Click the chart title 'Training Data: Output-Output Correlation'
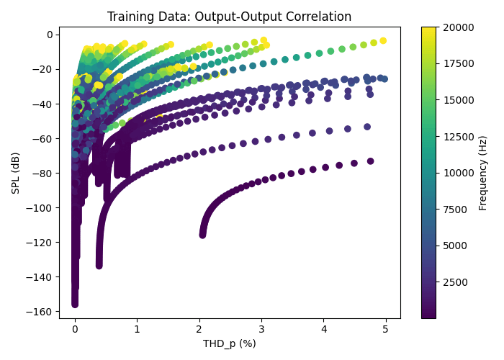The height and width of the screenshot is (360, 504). click(229, 17)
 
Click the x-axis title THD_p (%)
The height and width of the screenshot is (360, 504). click(229, 343)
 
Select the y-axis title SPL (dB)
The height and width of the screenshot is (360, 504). click(15, 173)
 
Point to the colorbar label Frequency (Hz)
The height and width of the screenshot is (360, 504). click(483, 173)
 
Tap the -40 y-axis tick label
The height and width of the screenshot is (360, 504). click(45, 104)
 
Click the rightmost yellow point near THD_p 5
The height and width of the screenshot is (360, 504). click(383, 40)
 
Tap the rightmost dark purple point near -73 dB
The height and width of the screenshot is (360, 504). click(371, 161)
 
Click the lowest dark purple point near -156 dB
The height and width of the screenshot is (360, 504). click(75, 304)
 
